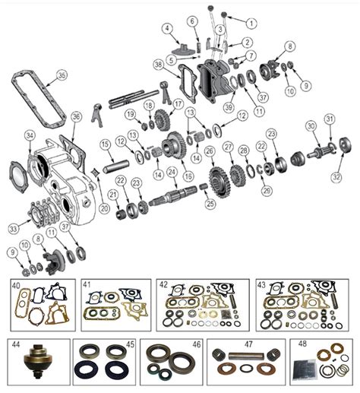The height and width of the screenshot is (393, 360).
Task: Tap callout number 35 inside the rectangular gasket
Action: [62, 74]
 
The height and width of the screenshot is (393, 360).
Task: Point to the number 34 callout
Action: [30, 135]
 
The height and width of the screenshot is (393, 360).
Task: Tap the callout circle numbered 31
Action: [329, 119]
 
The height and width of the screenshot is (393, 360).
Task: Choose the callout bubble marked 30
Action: [310, 126]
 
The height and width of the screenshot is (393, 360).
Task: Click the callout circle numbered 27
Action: [228, 146]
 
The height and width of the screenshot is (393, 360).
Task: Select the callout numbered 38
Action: [157, 64]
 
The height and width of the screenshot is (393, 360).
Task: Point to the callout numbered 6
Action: [192, 21]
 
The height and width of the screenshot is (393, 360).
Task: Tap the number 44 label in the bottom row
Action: [15, 344]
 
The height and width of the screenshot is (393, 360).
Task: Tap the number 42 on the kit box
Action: [164, 285]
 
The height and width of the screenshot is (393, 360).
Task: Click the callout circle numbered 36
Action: [76, 116]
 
